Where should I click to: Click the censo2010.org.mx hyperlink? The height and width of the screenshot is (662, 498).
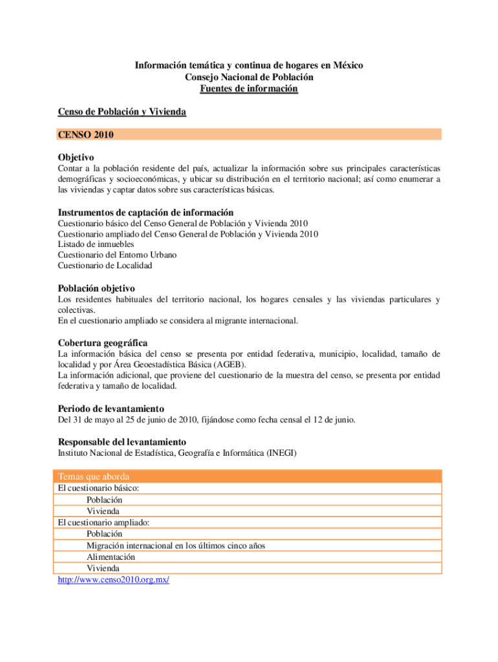coord(113,581)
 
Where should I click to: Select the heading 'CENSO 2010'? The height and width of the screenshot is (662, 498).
coord(85,134)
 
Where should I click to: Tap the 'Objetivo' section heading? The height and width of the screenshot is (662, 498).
coord(76,158)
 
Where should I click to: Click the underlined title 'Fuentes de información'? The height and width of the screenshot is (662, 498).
coord(249,89)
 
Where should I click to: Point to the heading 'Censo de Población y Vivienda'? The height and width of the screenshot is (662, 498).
coord(122,112)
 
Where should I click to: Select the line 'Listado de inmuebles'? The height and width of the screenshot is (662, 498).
coord(96,244)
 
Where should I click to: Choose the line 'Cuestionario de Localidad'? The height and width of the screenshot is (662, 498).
coord(105,265)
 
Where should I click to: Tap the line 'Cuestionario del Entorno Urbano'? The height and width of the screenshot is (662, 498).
coord(117,255)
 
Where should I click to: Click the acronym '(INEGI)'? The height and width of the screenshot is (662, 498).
coord(280,453)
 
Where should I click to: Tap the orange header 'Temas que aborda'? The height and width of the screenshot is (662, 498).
coord(93,476)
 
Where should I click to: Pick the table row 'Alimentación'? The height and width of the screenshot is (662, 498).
coord(111,557)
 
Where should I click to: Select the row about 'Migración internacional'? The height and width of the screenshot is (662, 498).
coord(175,546)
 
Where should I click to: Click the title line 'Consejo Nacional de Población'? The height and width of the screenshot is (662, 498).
coord(249,77)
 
